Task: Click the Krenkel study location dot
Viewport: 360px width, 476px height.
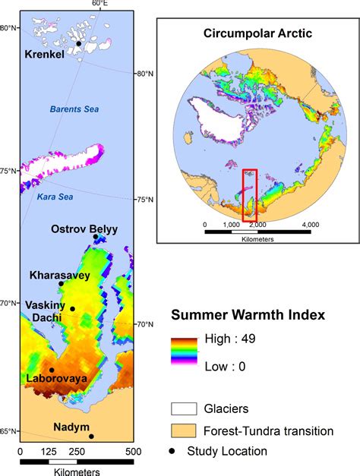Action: [x=78, y=44]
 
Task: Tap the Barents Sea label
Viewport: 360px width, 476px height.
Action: [x=74, y=109]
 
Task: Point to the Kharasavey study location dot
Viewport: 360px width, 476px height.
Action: [x=61, y=284]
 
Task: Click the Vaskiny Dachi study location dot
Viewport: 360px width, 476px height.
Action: [x=72, y=308]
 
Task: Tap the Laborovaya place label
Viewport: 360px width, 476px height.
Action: [x=55, y=377]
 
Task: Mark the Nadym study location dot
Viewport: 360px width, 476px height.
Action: [x=91, y=436]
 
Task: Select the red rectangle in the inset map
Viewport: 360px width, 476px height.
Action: [x=250, y=195]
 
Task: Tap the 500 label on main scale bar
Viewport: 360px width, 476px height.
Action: [x=132, y=451]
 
